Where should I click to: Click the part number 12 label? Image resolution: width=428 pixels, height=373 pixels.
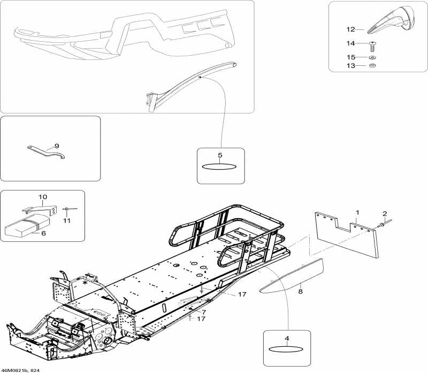350,30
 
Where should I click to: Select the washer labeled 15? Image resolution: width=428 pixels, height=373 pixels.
372,57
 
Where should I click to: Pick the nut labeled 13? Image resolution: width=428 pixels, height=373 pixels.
372,66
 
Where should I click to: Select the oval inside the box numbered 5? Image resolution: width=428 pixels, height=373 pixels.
220,166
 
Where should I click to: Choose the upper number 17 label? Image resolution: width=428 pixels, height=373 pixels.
242,295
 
